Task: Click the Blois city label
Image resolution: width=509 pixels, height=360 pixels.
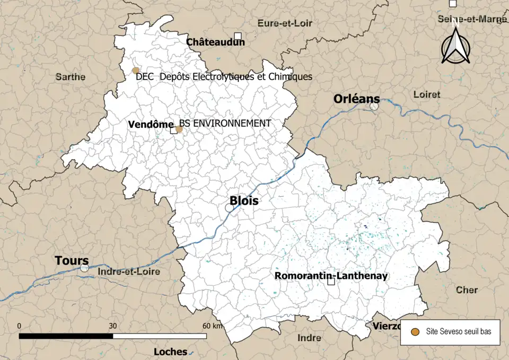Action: tap(244, 201)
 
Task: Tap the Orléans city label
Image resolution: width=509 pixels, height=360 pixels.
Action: tap(356, 99)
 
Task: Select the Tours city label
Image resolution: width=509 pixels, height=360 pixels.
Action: tap(72, 261)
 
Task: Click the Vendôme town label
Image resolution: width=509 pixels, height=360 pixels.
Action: tap(151, 124)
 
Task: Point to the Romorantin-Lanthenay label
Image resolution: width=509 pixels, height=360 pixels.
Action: tap(331, 276)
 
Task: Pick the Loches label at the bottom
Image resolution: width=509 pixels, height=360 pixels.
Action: tap(170, 352)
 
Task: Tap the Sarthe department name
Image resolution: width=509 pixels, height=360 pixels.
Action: tap(71, 77)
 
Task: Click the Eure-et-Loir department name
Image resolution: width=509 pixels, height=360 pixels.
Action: tap(285, 23)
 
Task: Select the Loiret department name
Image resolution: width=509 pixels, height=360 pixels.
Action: tap(426, 94)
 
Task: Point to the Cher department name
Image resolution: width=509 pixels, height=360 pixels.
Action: tap(467, 290)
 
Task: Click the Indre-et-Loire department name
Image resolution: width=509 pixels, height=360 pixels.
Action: tap(129, 272)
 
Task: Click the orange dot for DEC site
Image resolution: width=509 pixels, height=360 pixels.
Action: tap(136, 71)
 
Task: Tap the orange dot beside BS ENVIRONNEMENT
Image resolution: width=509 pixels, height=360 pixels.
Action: tap(179, 129)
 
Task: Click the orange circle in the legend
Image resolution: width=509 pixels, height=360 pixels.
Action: tap(416, 331)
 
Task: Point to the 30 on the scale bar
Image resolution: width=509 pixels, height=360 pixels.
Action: tap(112, 326)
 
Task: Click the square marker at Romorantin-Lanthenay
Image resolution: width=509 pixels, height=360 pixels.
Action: tap(331, 282)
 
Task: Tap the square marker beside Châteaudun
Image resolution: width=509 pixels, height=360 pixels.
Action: tap(238, 36)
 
